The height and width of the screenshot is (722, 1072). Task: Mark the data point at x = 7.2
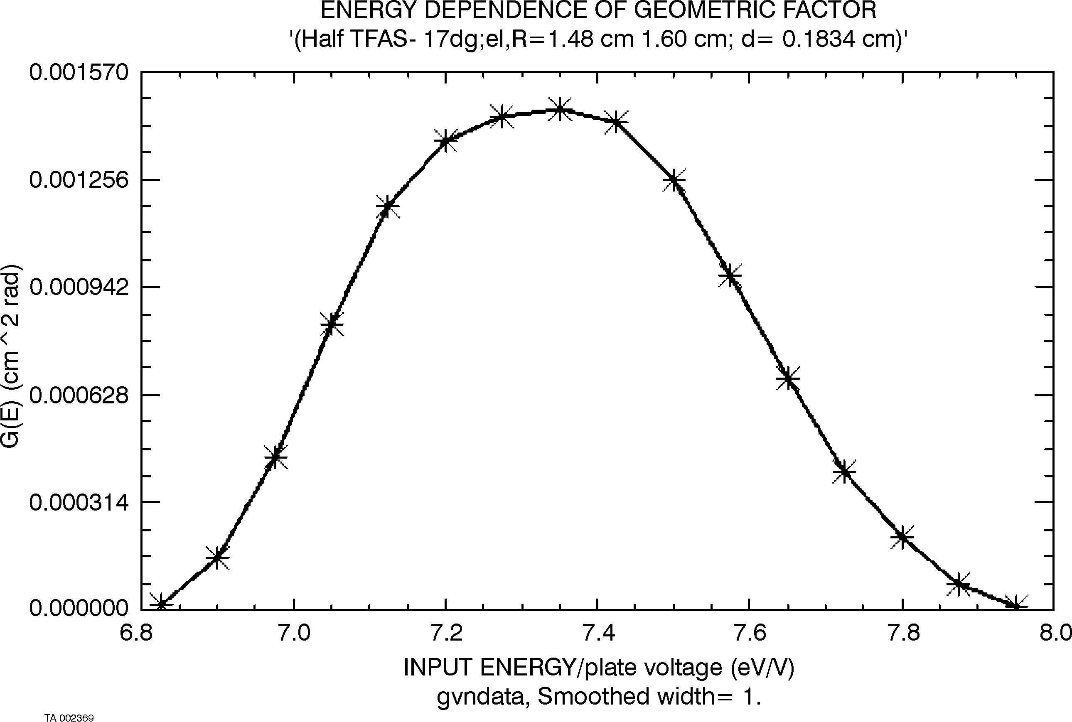pos(445,141)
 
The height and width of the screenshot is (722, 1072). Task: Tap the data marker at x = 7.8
pos(902,538)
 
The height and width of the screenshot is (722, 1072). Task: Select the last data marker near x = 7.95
pos(1015,606)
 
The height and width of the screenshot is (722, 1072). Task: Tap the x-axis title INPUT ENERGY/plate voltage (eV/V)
pos(599,668)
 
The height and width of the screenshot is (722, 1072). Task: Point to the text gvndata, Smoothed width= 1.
pos(599,697)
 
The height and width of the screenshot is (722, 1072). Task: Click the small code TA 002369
pos(69,718)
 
